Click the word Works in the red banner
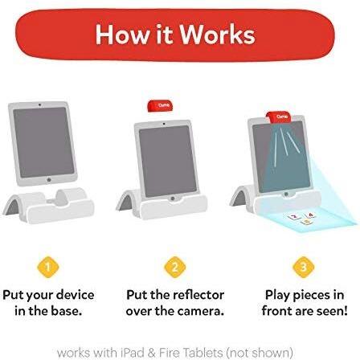click(x=217, y=35)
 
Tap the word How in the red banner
click(x=123, y=35)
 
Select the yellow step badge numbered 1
click(x=48, y=267)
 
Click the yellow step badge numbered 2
click(x=175, y=267)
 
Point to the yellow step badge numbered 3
click(x=303, y=267)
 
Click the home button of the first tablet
click(x=49, y=179)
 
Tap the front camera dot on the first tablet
click(x=40, y=104)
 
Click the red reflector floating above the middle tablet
click(x=160, y=105)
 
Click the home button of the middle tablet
click(x=173, y=198)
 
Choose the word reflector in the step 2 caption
click(x=198, y=295)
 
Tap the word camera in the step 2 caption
click(x=200, y=311)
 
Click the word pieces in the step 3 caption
click(x=312, y=296)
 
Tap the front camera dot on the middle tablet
click(x=164, y=124)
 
